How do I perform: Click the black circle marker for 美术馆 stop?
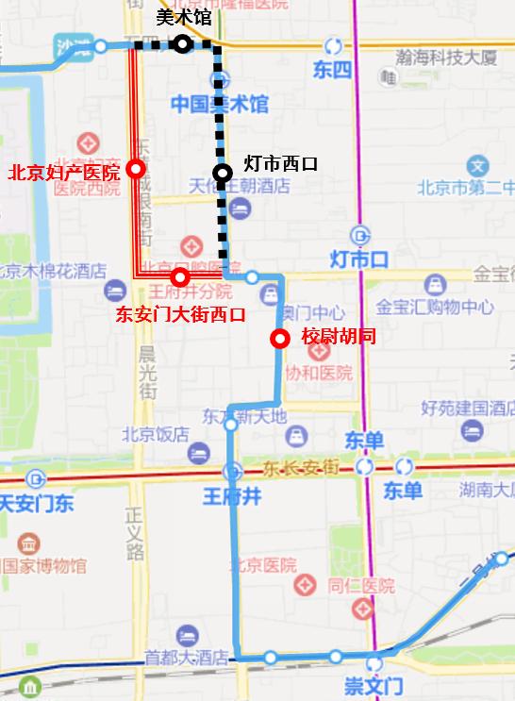click(182, 43)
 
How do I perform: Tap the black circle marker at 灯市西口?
click(223, 173)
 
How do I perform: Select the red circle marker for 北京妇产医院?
click(136, 169)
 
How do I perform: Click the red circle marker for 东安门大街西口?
click(180, 277)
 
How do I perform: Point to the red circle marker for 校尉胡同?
click(279, 340)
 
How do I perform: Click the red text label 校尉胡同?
click(339, 337)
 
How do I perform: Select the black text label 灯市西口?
click(280, 164)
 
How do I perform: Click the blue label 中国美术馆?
click(219, 104)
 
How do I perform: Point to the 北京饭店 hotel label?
click(155, 435)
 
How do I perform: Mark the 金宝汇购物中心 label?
click(435, 307)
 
